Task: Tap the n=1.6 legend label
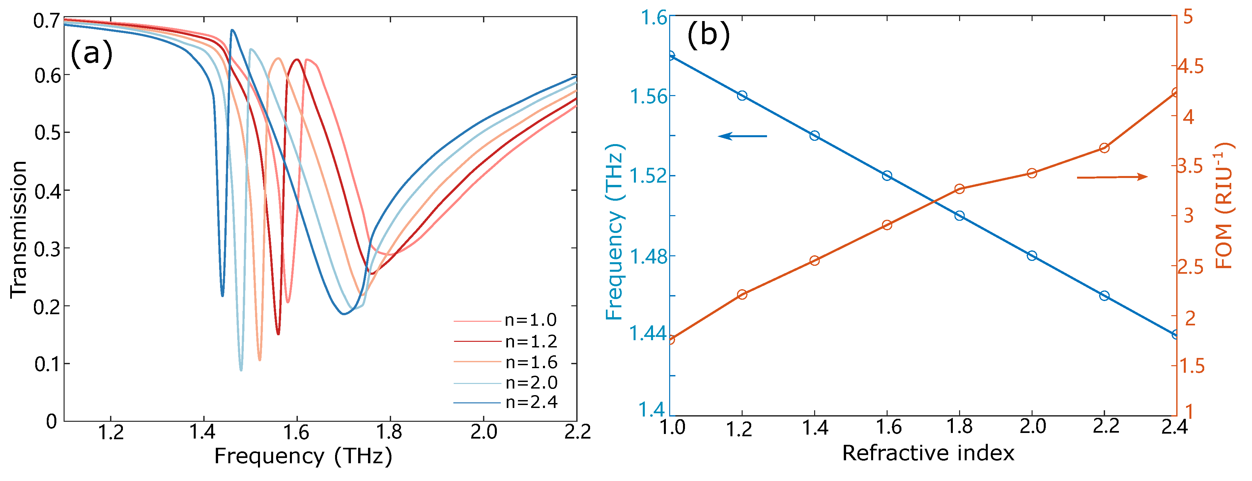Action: point(531,363)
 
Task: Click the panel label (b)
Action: point(708,35)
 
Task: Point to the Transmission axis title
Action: point(18,229)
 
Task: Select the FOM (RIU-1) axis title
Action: point(1224,205)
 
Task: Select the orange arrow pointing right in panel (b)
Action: point(1112,177)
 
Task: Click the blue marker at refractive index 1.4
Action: point(814,136)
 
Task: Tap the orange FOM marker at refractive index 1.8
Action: point(959,189)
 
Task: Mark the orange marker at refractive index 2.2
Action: point(1104,148)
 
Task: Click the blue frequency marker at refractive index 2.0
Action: point(1032,256)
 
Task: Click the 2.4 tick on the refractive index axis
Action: point(1174,427)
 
